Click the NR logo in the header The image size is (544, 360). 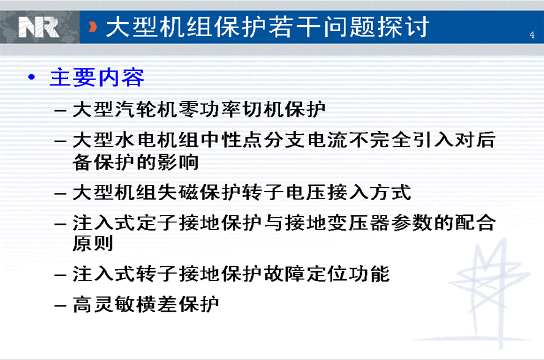tap(39, 28)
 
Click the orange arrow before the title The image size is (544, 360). tap(93, 27)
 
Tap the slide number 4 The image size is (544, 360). tap(532, 35)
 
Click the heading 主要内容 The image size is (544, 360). tap(97, 77)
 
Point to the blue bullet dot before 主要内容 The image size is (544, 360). tap(32, 77)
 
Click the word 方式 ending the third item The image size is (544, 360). tap(391, 192)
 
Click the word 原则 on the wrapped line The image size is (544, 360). tap(93, 243)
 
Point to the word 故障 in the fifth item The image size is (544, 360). tap(284, 274)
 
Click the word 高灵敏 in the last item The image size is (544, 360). tap(104, 304)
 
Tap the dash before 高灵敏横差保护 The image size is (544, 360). tap(61, 306)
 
